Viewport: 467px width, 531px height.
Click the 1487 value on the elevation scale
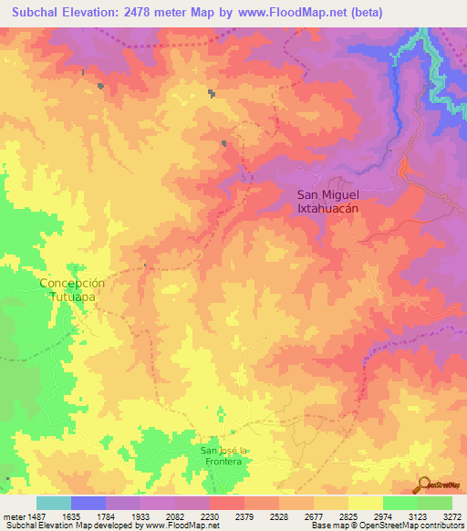[x=32, y=515]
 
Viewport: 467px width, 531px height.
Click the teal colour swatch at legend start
[x=54, y=503]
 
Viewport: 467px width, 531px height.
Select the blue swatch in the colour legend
[x=88, y=503]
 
